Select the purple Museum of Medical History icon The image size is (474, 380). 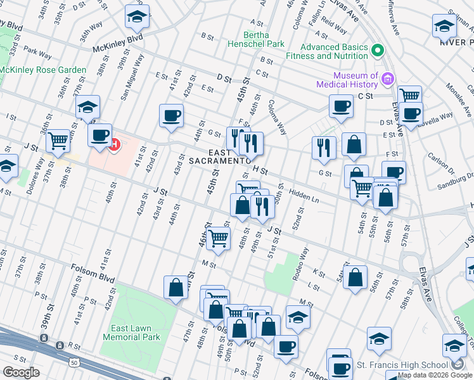tap(388, 80)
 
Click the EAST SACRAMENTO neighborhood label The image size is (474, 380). tap(219, 156)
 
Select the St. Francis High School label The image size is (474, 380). tap(401, 365)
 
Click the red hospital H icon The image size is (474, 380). tap(115, 145)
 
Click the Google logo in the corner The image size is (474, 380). tap(21, 372)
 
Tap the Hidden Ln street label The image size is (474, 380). tap(303, 194)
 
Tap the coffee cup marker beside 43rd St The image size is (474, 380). tap(171, 116)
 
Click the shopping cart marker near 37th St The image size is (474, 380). tap(58, 140)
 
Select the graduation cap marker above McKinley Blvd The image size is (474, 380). tap(136, 17)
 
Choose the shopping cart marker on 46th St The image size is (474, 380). tap(218, 238)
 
